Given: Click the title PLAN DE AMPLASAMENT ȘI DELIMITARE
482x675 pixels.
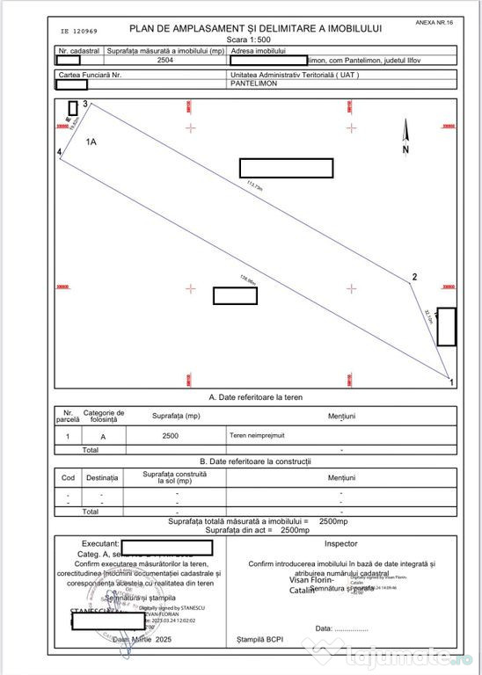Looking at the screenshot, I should (x=255, y=29).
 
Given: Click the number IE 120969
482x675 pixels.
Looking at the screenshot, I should (x=80, y=30).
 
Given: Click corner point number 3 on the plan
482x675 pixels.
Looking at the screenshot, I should (x=85, y=105).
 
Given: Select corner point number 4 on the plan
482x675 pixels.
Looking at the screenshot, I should (x=59, y=152).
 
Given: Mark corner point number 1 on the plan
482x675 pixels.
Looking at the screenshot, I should (x=452, y=382).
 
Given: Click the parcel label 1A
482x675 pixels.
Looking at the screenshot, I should (x=91, y=141).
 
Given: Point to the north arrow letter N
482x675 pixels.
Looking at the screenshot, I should (x=405, y=149).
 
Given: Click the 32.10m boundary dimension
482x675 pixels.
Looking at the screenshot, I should (x=429, y=316).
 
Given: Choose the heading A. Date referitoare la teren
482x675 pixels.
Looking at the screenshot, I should (x=254, y=397).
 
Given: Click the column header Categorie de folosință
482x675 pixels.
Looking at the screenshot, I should (x=104, y=416).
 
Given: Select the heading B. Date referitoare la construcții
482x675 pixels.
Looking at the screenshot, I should (x=254, y=461).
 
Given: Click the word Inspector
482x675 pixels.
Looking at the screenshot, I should (x=340, y=544).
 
